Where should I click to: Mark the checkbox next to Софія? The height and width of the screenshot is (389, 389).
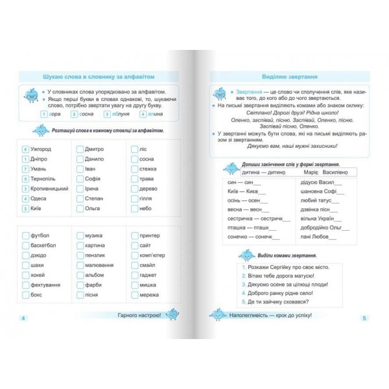pos(80,179)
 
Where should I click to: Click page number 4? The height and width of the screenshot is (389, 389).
pos(23,318)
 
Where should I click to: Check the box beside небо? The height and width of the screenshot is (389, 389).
pos(134,208)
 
